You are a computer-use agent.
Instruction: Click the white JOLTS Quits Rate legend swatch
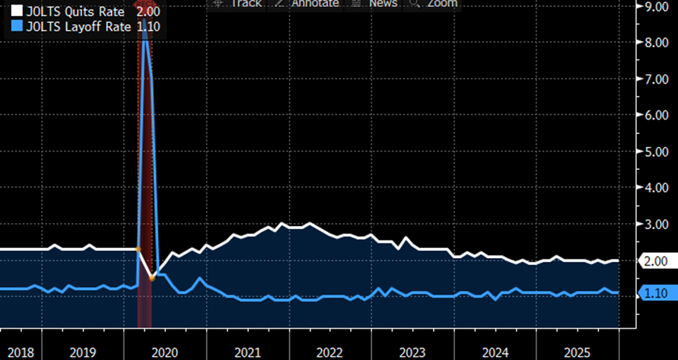pos(15,12)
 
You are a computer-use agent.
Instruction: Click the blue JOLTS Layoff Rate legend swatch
pos(15,27)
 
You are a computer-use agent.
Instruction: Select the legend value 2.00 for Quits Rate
pos(147,12)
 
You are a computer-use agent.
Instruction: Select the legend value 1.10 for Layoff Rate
pos(147,27)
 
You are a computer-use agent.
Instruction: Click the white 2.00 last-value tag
pos(655,261)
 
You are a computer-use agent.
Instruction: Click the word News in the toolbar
pos(383,4)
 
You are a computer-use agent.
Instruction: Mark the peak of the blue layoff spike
pos(145,29)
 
